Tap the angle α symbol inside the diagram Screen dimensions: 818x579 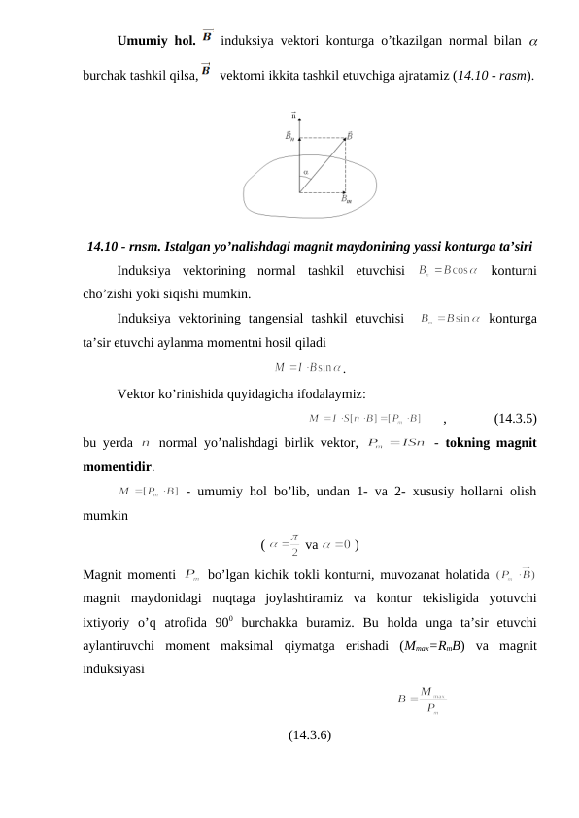coord(305,172)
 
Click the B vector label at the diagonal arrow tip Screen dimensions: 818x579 coord(350,136)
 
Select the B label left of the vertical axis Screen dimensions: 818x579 coord(289,137)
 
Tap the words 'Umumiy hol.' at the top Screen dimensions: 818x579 coord(156,41)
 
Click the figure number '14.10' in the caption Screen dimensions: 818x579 coord(101,244)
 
